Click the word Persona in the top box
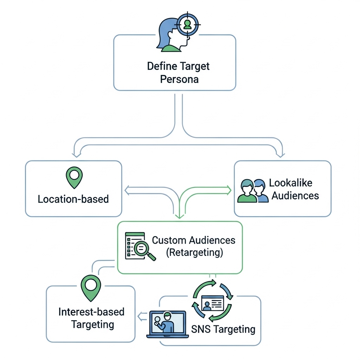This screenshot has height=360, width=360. pos(179,79)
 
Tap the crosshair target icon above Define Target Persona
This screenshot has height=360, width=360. pos(187,24)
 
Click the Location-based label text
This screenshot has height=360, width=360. pos(73,199)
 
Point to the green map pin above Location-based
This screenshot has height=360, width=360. pos(74,177)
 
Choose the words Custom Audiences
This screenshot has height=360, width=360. pos(194,240)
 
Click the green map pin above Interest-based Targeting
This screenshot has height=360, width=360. pos(91,287)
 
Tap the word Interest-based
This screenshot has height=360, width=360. pos(91,312)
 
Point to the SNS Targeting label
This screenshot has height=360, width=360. pos(223,329)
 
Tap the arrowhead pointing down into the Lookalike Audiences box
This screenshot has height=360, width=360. pos(280,154)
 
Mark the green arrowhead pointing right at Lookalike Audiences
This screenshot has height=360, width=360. pos(229,191)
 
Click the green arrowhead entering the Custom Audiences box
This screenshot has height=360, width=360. pos(179,216)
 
